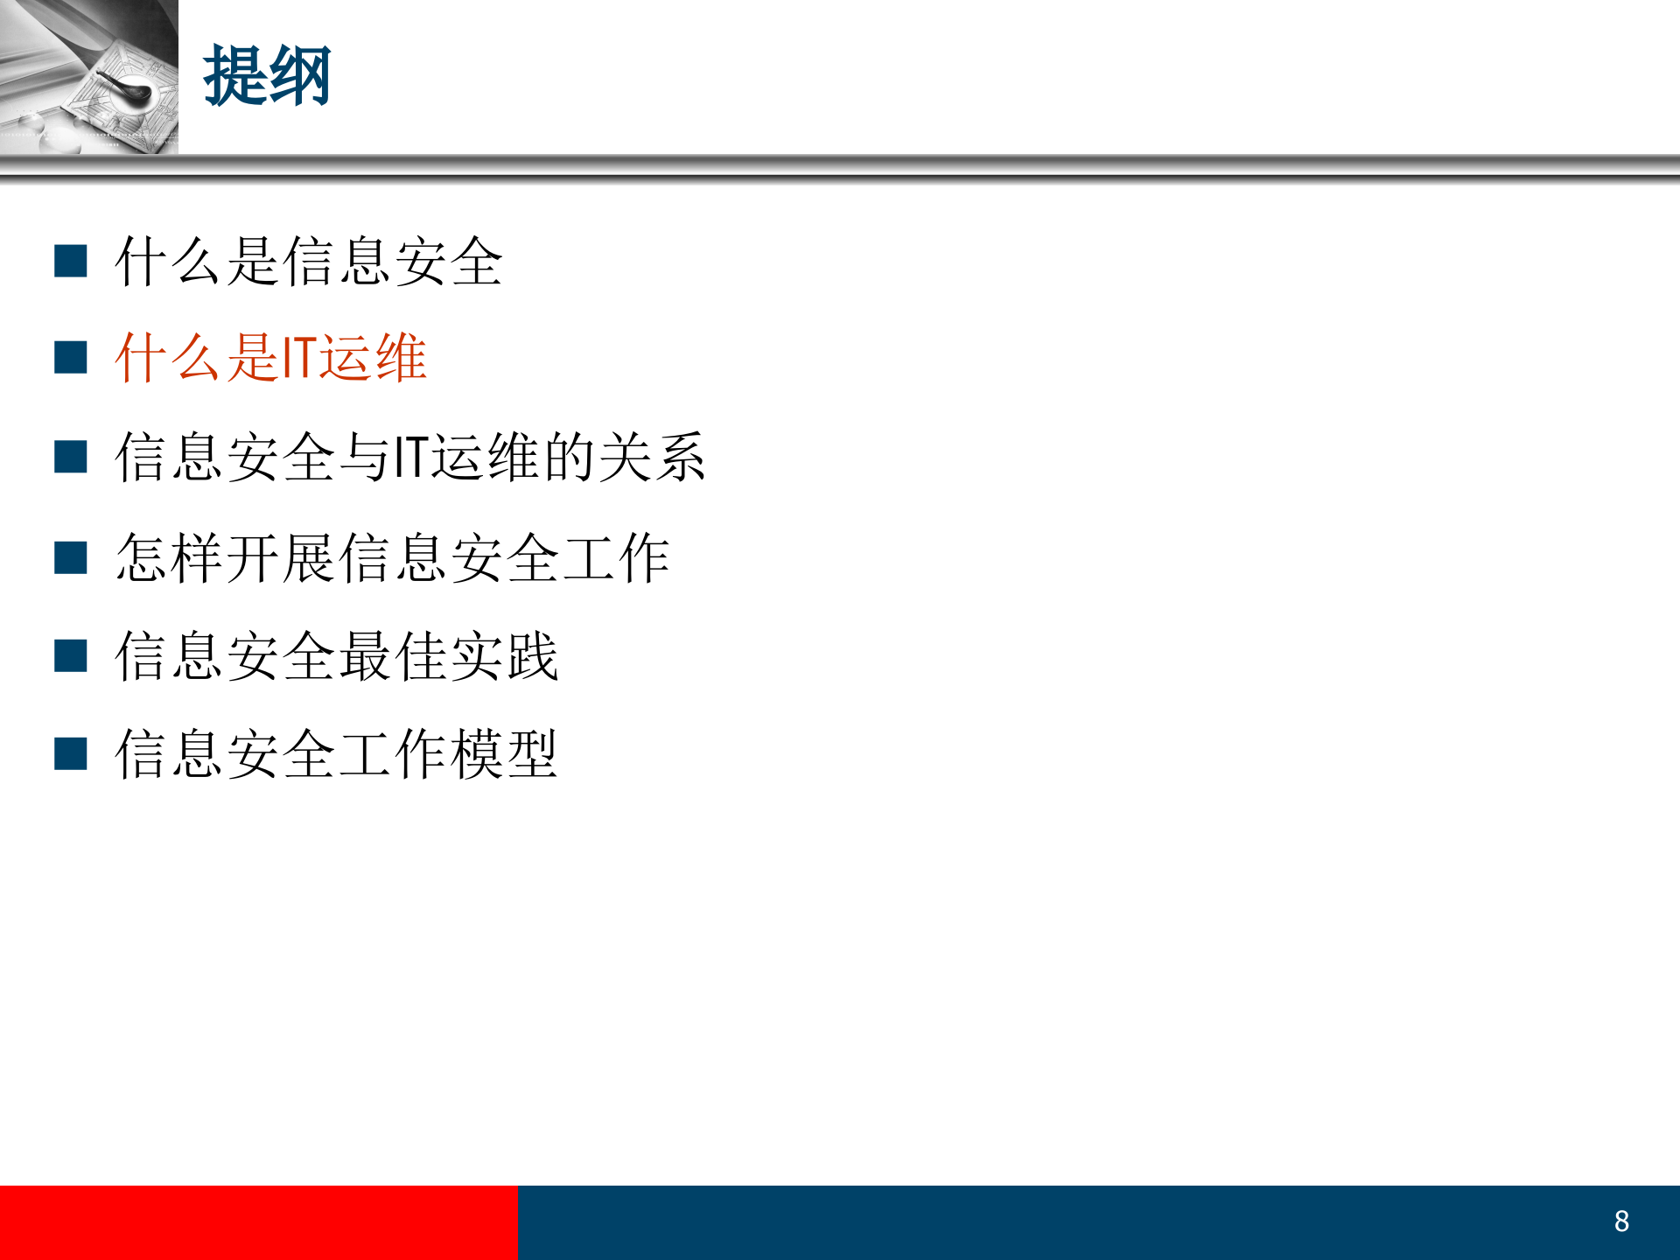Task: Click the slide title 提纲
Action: (x=267, y=77)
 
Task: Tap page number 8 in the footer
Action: (x=1621, y=1221)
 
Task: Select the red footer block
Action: (x=258, y=1222)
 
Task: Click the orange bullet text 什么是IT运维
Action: (x=270, y=358)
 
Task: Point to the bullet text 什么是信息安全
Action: (x=309, y=262)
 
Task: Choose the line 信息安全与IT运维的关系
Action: (x=409, y=457)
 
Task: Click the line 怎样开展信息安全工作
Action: (x=393, y=557)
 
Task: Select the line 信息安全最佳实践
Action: (x=337, y=656)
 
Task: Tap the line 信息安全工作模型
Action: (x=337, y=754)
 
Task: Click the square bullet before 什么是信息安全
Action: (x=70, y=261)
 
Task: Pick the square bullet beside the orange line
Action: (x=70, y=358)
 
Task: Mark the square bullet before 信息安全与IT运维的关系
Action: (x=70, y=457)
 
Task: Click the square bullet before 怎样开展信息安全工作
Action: (x=70, y=557)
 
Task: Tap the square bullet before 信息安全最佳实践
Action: (x=70, y=655)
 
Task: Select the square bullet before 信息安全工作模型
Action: (x=70, y=753)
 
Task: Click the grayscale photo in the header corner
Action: (x=88, y=77)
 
